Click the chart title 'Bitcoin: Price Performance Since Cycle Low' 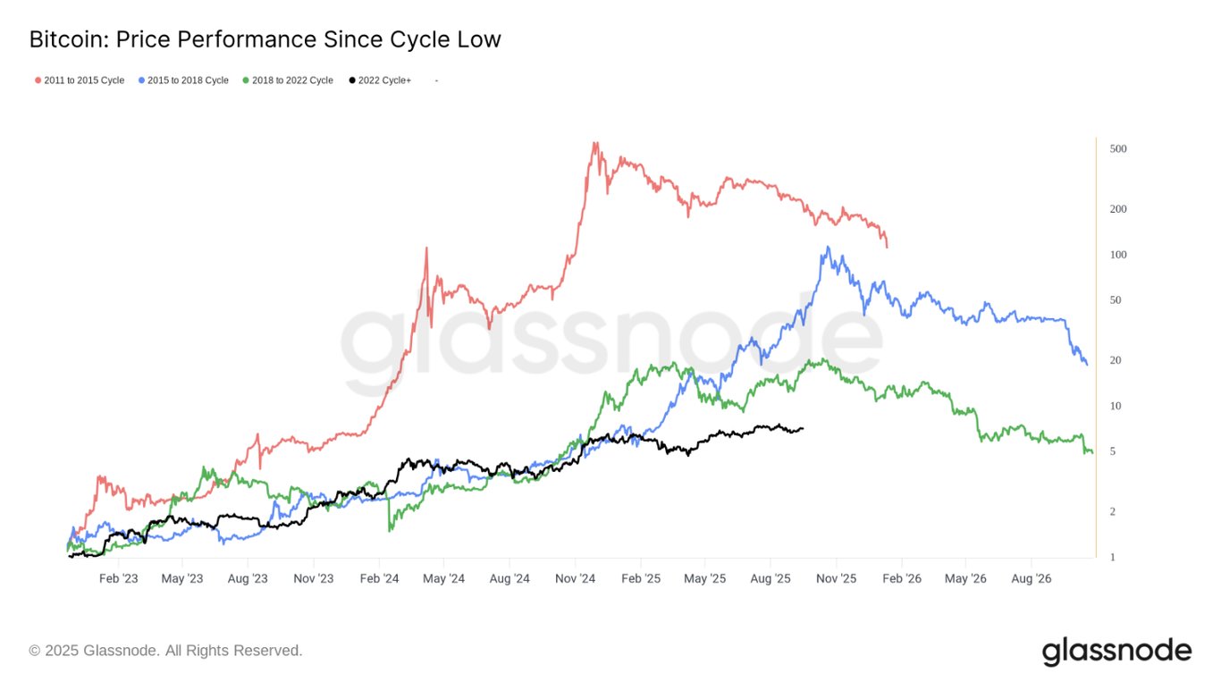point(265,40)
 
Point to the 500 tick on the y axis point(1117,148)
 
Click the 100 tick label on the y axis point(1117,255)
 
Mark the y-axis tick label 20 point(1115,360)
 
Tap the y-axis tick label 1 point(1112,558)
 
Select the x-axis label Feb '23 point(118,579)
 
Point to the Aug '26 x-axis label point(1031,579)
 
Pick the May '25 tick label point(704,579)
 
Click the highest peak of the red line point(594,142)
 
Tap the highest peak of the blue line point(829,247)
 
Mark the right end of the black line point(803,428)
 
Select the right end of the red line point(887,247)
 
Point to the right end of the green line point(1091,452)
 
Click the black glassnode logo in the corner point(1116,651)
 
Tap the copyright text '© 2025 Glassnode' point(165,651)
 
